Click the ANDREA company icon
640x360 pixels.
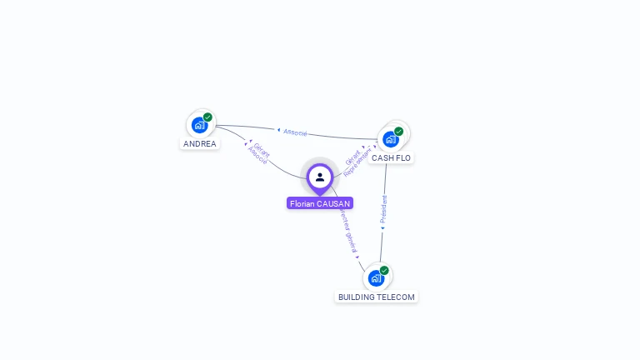point(199,125)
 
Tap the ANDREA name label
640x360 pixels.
point(200,143)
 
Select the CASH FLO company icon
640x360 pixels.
point(390,139)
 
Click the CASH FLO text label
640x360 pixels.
point(391,157)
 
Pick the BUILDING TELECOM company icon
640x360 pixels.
point(376,277)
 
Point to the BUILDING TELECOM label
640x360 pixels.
point(376,297)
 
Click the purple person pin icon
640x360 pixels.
point(320,177)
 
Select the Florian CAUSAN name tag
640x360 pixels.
point(320,203)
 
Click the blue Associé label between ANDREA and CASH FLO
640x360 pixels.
point(296,132)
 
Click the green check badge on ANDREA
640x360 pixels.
point(207,117)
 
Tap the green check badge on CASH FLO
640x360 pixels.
point(398,132)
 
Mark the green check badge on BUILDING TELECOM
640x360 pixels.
point(384,270)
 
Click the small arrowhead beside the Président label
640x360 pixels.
point(382,227)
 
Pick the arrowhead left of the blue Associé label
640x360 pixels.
point(278,130)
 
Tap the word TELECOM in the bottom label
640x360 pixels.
point(395,297)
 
